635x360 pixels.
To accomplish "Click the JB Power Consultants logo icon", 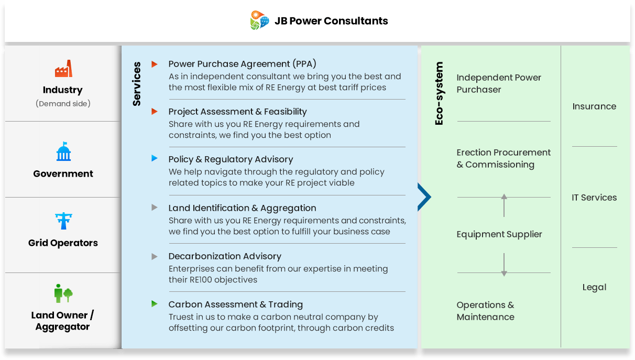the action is (259, 20).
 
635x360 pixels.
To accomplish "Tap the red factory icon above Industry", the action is (63, 68).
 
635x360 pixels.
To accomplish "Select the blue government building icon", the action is (63, 151).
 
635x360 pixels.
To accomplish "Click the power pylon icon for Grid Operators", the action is (63, 221).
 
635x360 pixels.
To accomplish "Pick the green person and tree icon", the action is (63, 293).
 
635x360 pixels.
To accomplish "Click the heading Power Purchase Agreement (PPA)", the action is (243, 64).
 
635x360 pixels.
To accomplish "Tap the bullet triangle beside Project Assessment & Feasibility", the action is (155, 112).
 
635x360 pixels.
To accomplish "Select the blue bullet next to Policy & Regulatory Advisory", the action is (155, 158).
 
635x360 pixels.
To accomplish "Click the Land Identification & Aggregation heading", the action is (243, 208).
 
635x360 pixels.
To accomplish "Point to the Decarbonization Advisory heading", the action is (225, 256).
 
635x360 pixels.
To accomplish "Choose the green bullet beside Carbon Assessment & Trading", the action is (155, 304).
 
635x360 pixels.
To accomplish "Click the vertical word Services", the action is (137, 84).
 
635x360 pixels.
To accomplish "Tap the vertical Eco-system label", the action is (439, 93).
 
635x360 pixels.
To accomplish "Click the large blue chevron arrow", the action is (424, 197).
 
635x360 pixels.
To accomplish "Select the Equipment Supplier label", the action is (499, 234).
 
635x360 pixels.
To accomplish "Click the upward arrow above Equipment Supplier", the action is (504, 205).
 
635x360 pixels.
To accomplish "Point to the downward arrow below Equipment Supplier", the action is (504, 265).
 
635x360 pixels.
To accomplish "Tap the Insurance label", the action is (594, 106).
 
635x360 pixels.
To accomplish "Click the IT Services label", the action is (594, 198).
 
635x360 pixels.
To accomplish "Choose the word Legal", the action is (595, 288).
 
